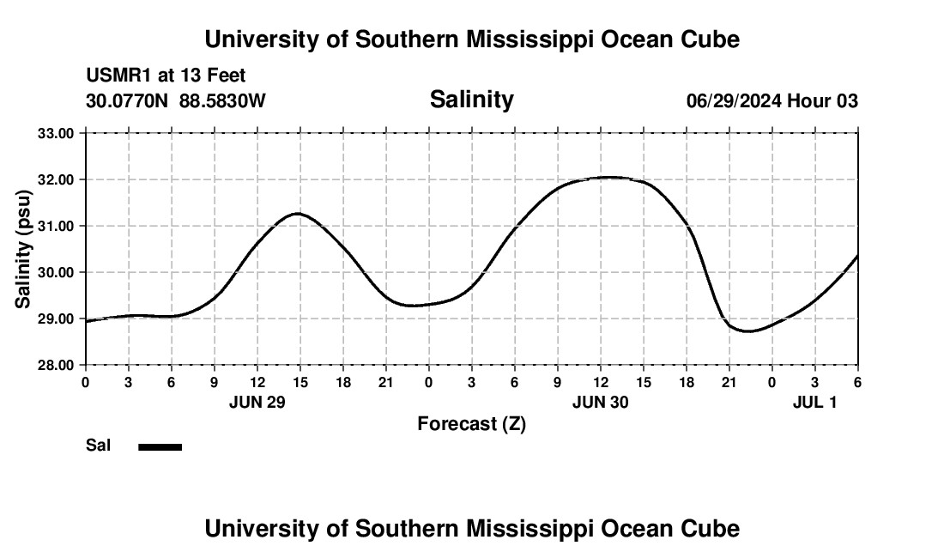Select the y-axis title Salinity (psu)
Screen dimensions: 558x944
coord(23,248)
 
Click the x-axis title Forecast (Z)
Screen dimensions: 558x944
coord(471,423)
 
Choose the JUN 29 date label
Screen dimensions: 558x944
coord(257,402)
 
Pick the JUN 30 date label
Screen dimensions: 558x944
coord(601,402)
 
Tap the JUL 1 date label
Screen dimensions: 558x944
coord(814,402)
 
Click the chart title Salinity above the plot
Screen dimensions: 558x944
coord(471,99)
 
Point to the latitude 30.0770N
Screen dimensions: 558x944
coord(129,101)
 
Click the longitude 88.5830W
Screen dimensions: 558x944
coord(222,101)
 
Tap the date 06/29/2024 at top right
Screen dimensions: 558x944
coord(734,101)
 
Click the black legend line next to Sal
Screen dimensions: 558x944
coord(160,446)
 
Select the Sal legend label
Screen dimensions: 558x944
coord(98,446)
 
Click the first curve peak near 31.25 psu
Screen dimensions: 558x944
coord(298,213)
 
